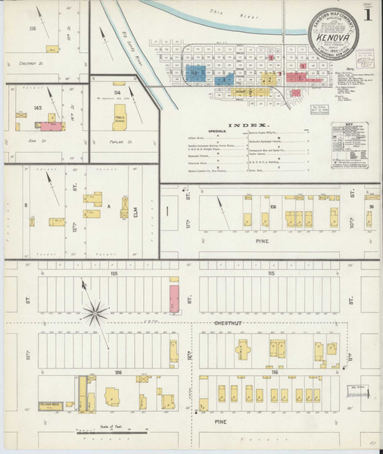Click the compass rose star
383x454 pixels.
pyautogui.click(x=97, y=309)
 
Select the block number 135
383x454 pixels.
pyautogui.click(x=32, y=28)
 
